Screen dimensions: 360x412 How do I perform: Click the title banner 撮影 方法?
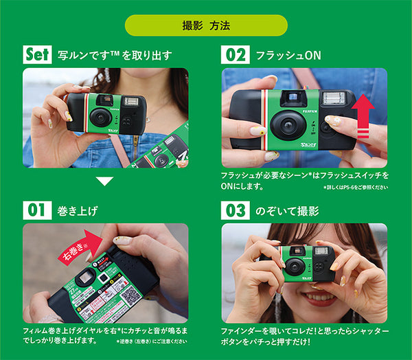pos(205,26)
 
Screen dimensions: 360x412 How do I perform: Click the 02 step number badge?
pos(235,54)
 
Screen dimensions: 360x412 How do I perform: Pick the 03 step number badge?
pos(235,210)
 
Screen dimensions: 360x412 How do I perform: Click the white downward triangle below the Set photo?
pos(104,181)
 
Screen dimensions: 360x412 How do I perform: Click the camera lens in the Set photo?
pos(101,117)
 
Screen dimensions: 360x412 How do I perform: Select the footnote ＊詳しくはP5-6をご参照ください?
pos(354,186)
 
